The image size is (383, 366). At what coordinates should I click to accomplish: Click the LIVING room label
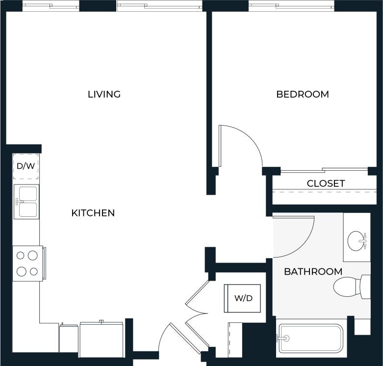pyautogui.click(x=104, y=94)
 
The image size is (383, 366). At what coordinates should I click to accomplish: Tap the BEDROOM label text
pyautogui.click(x=303, y=94)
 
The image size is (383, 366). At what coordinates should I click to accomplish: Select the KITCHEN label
pyautogui.click(x=93, y=213)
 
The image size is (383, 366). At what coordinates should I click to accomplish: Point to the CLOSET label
pyautogui.click(x=326, y=183)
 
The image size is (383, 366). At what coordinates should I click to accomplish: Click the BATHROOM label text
pyautogui.click(x=313, y=271)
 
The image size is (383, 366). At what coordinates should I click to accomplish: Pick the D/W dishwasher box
pyautogui.click(x=26, y=166)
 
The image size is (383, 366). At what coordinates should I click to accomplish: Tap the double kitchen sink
pyautogui.click(x=26, y=202)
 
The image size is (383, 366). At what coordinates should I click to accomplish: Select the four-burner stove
pyautogui.click(x=27, y=263)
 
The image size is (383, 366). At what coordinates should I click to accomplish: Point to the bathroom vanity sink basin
pyautogui.click(x=357, y=240)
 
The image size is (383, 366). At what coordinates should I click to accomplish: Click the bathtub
pyautogui.click(x=311, y=338)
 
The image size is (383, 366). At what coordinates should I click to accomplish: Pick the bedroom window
pyautogui.click(x=291, y=6)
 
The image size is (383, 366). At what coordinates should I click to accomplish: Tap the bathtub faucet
pyautogui.click(x=282, y=338)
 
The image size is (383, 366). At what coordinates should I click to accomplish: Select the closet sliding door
pyautogui.click(x=324, y=171)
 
